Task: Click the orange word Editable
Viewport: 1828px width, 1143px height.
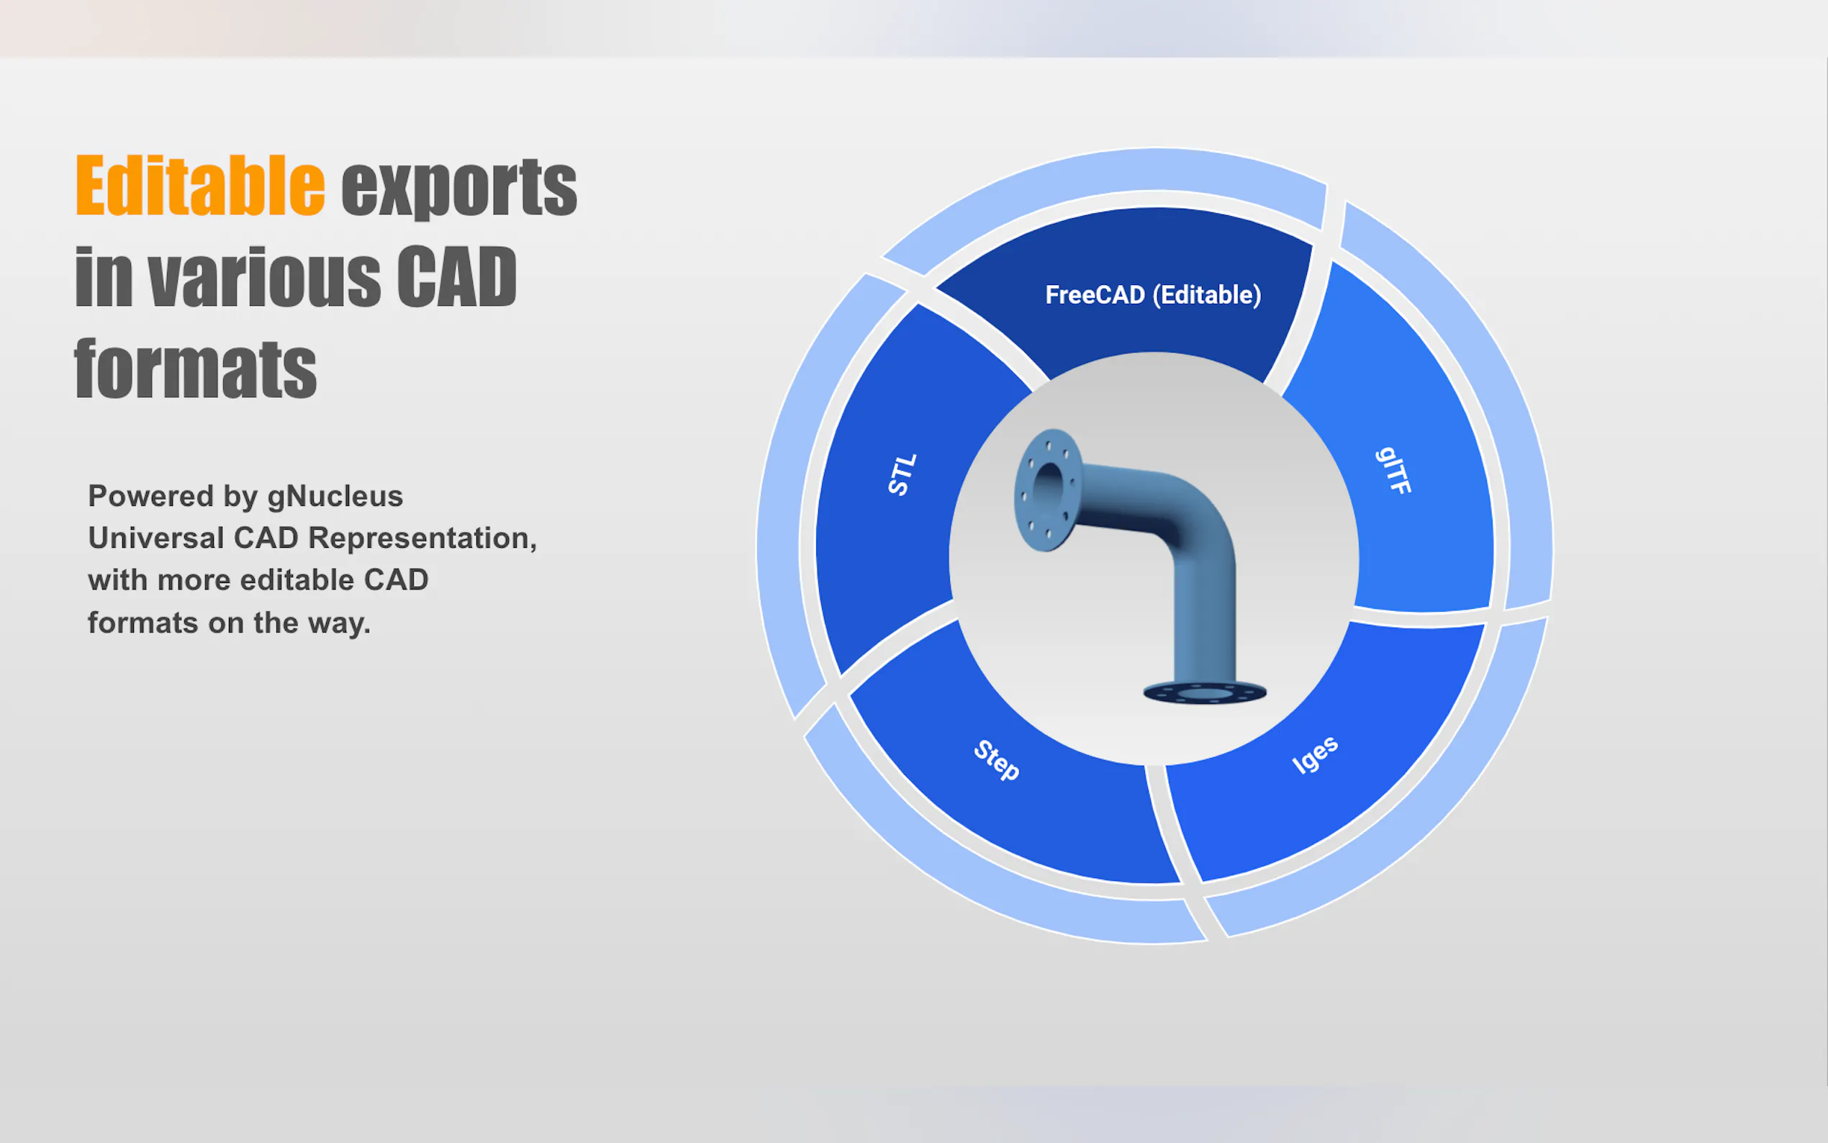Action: coord(200,186)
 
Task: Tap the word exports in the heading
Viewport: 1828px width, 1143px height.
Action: coord(458,187)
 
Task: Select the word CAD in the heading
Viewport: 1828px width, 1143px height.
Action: coord(456,277)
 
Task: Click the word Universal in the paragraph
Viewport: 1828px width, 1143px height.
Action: coord(155,538)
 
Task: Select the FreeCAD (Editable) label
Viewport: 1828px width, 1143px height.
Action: coord(1152,295)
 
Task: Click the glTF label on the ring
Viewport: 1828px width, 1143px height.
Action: coord(1393,470)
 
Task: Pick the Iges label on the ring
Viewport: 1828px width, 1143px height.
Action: coord(1315,754)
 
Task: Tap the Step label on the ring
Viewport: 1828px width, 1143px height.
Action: coord(997,760)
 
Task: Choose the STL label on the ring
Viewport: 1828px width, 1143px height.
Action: coord(902,475)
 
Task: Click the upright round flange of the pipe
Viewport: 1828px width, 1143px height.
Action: coord(1046,490)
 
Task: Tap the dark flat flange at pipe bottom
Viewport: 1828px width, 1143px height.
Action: coord(1205,692)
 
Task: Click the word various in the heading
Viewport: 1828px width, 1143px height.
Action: coord(265,277)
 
